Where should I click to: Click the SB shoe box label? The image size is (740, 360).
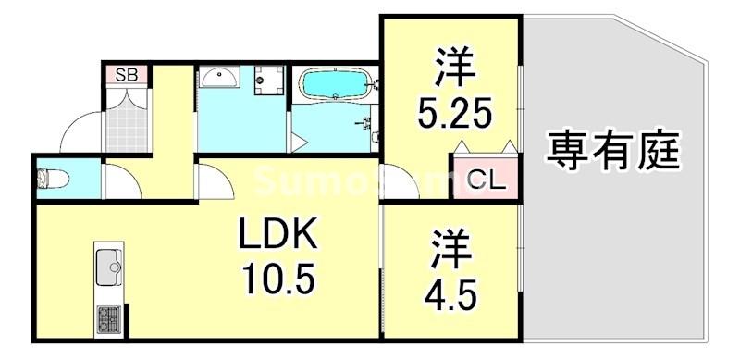tap(124, 75)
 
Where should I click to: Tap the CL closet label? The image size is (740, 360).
tap(485, 180)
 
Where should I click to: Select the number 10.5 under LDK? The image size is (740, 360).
tap(279, 277)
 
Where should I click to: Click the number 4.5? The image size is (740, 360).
tap(451, 297)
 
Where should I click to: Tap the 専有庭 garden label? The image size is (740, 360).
tap(613, 150)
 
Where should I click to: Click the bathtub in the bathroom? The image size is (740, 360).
tap(336, 86)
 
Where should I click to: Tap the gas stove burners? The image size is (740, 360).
tap(109, 320)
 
